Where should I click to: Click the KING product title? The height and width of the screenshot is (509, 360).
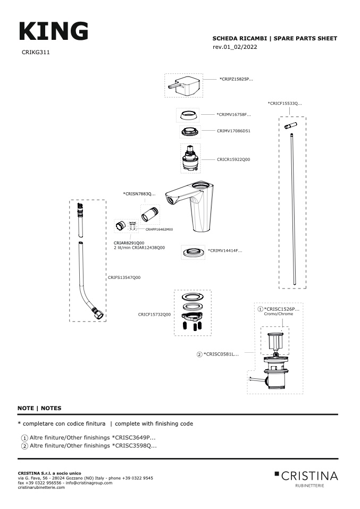click(54, 31)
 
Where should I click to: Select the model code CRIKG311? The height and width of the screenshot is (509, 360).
click(36, 52)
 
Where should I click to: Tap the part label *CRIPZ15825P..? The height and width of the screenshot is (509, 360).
click(236, 79)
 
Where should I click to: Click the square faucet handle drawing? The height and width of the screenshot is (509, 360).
click(184, 86)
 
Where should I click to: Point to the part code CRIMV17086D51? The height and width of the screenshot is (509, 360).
click(233, 131)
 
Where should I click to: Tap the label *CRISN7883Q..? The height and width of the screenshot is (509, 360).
click(139, 194)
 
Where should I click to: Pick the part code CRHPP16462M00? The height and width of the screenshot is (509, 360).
click(159, 230)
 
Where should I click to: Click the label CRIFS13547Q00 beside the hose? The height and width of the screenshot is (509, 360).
click(124, 277)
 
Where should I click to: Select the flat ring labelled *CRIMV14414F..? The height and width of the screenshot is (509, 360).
click(194, 252)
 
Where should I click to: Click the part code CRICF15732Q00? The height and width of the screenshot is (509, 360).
click(154, 315)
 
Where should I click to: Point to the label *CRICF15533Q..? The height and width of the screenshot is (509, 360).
click(284, 104)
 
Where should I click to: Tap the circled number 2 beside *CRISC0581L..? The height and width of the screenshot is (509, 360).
click(199, 354)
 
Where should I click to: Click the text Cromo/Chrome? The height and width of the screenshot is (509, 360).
click(279, 314)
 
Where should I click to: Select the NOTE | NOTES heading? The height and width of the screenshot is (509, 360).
click(39, 408)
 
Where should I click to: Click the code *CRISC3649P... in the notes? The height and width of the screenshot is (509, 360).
click(133, 438)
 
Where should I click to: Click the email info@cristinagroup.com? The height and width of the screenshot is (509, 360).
click(89, 483)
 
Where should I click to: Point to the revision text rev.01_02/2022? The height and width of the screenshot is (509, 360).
click(235, 47)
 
